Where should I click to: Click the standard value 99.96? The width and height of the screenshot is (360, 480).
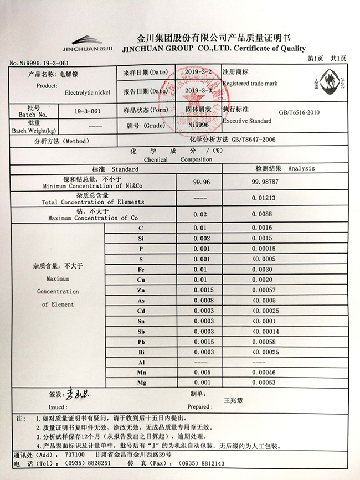tap(200, 182)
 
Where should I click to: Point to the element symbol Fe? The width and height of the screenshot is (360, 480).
tap(141, 270)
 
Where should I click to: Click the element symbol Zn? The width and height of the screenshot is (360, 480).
tap(141, 290)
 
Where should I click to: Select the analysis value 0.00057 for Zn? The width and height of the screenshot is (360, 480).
tap(265, 290)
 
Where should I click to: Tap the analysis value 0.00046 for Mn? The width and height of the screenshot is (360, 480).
tap(265, 373)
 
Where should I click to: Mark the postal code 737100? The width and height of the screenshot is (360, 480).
tap(75, 455)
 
